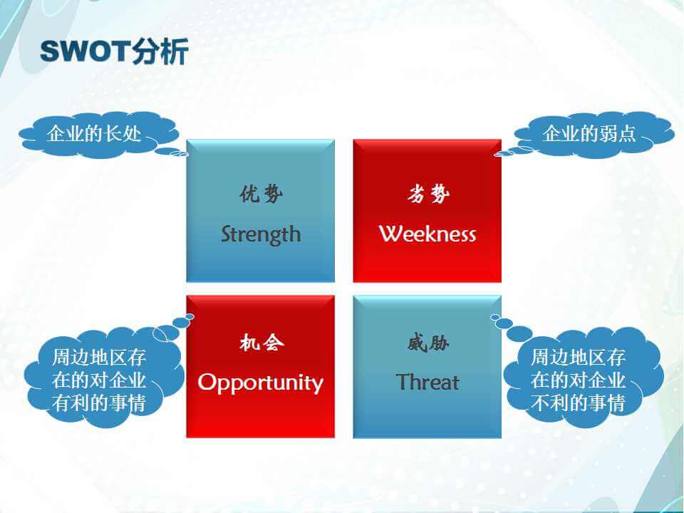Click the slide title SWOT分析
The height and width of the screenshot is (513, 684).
[x=114, y=51]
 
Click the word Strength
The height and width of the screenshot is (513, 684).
[x=261, y=234]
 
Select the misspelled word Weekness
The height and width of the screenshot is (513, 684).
[x=427, y=234]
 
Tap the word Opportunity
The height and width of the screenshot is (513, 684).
[x=261, y=383]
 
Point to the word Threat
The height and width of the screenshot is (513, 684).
[x=427, y=382]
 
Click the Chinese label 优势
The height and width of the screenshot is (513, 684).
[x=261, y=194]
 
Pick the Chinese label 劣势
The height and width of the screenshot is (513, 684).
[x=428, y=194]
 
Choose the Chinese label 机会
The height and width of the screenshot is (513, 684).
[x=261, y=343]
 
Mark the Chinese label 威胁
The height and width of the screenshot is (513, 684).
[x=428, y=343]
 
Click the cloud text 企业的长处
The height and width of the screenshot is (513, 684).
[x=94, y=133]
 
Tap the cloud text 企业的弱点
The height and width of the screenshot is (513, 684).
[x=589, y=133]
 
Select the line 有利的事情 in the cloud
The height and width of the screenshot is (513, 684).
[x=98, y=403]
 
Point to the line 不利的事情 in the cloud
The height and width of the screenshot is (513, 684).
[x=578, y=403]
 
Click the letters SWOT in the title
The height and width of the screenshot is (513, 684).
[x=85, y=51]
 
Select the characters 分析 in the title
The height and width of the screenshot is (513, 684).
[x=160, y=51]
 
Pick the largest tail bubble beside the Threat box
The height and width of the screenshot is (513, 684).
[x=519, y=333]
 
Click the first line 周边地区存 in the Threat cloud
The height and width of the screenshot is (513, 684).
[x=578, y=358]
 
